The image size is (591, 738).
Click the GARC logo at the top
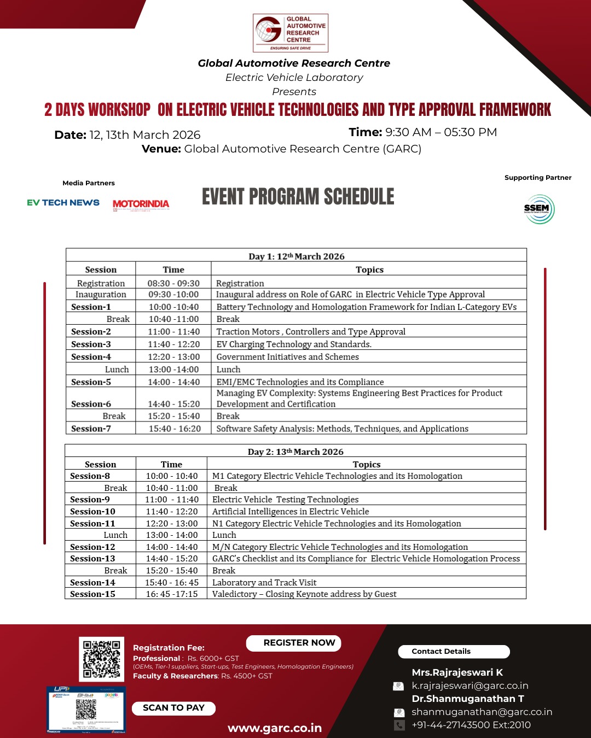click(290, 33)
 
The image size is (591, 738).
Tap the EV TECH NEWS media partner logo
click(63, 203)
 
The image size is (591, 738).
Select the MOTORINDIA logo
click(141, 204)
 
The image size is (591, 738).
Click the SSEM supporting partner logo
click(539, 209)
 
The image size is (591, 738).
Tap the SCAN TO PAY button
click(173, 708)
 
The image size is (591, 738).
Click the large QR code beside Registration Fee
click(101, 659)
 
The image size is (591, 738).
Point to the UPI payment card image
click(86, 710)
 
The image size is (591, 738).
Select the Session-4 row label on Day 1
click(91, 357)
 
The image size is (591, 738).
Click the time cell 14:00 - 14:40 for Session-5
click(173, 382)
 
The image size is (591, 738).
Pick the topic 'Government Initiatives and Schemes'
click(287, 357)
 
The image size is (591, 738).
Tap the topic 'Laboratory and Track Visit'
click(264, 583)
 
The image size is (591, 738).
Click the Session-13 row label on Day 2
click(92, 559)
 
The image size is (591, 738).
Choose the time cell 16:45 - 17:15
click(172, 594)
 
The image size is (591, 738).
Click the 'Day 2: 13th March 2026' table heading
click(296, 452)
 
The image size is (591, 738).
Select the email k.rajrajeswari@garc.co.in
click(470, 686)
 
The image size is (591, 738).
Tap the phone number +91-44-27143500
click(471, 725)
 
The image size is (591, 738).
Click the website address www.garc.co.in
click(275, 728)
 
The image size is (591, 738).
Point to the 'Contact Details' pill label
click(441, 652)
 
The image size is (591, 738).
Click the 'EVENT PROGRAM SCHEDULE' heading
click(298, 197)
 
